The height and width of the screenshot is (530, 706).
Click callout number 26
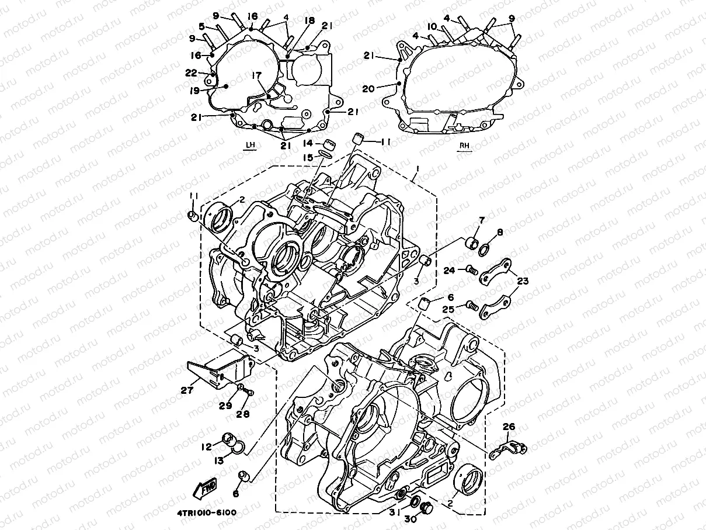pos(509,428)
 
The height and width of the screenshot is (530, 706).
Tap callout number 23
pos(523,281)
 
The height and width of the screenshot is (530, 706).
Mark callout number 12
pos(206,447)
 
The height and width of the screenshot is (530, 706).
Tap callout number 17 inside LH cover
pos(255,75)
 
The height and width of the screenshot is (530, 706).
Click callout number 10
pos(432,27)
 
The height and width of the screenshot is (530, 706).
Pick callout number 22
pos(207,72)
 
